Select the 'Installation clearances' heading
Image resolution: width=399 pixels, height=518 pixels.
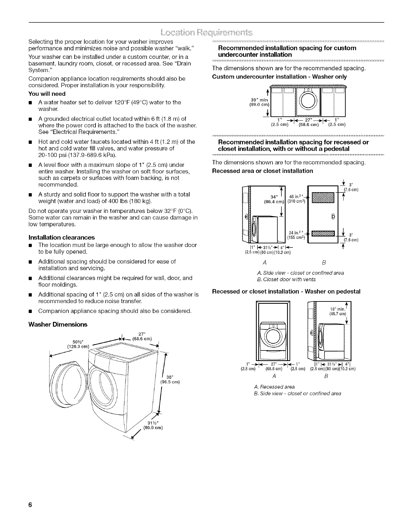[62, 237]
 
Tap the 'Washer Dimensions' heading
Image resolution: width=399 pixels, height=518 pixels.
[58, 324]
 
